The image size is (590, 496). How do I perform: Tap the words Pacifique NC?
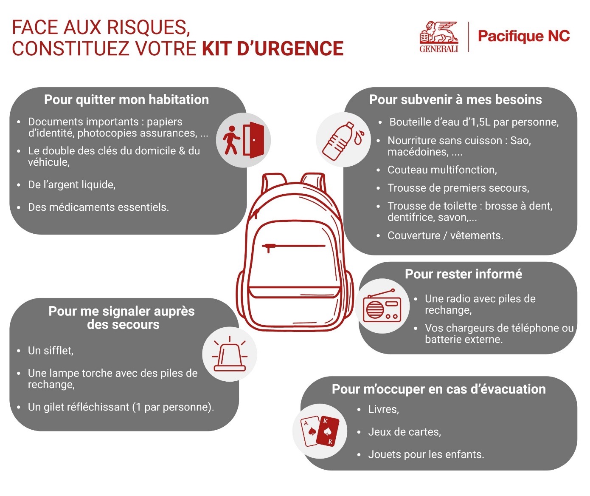point(524,37)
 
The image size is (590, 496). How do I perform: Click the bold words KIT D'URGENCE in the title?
point(273,49)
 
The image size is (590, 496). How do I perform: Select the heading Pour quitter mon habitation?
point(126,100)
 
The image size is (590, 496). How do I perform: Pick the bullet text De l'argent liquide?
point(72,185)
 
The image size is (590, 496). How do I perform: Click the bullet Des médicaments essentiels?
point(98,207)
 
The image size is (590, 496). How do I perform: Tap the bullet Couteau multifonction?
point(442,170)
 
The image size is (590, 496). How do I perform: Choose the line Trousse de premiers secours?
point(458,188)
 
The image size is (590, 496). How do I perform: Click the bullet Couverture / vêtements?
point(445,236)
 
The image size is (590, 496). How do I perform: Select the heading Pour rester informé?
point(464,274)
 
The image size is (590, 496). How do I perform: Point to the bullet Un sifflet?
point(51,351)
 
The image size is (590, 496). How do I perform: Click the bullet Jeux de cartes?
point(405,432)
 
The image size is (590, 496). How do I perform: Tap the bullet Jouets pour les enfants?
point(426,455)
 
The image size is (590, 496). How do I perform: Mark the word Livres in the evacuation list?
point(383,410)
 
